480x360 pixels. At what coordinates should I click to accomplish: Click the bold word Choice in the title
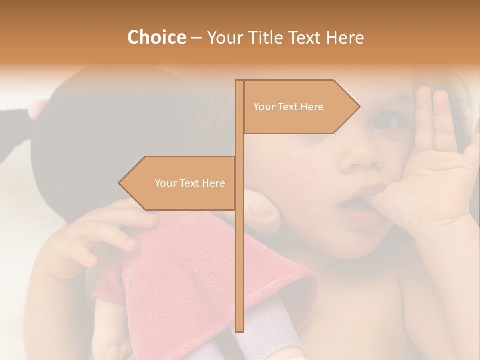pyautogui.click(x=156, y=37)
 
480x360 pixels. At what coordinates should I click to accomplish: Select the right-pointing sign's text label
pyautogui.click(x=288, y=107)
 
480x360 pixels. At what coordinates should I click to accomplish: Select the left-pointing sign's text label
pyautogui.click(x=190, y=183)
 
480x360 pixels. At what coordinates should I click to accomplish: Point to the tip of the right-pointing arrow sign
pyautogui.click(x=359, y=106)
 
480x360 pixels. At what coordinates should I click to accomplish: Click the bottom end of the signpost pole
pyautogui.click(x=239, y=330)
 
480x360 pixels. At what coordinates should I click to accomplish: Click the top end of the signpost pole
pyautogui.click(x=239, y=81)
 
